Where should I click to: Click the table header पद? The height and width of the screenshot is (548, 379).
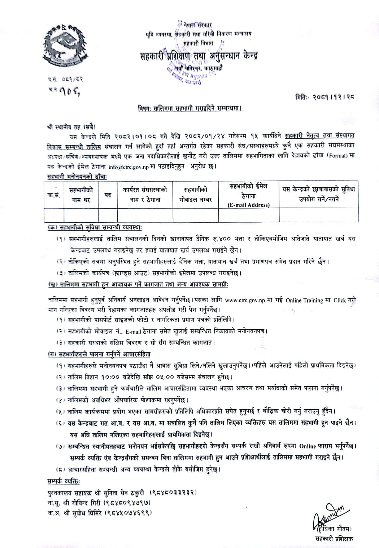[108, 195]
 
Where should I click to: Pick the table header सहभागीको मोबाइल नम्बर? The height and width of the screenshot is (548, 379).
[196, 195]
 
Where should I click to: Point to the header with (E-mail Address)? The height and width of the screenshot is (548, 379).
[249, 205]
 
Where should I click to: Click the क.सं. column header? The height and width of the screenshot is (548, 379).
[53, 195]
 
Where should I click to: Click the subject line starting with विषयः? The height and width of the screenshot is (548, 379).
[190, 108]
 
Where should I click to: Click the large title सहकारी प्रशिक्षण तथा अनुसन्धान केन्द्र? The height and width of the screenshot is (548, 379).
[199, 56]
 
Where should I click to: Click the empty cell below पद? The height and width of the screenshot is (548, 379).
[108, 215]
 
